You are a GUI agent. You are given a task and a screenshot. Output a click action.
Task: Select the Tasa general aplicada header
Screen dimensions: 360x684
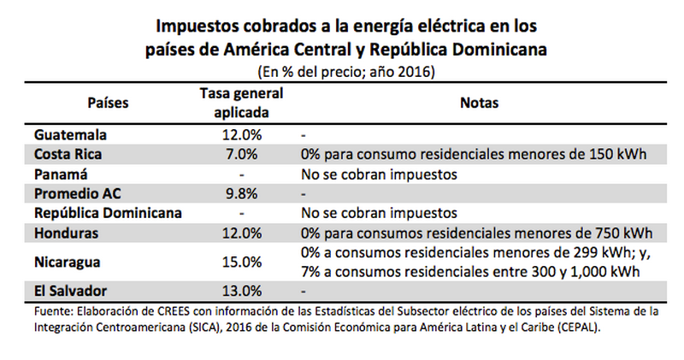pyautogui.click(x=241, y=103)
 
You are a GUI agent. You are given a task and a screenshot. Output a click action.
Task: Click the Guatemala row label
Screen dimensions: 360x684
pyautogui.click(x=73, y=136)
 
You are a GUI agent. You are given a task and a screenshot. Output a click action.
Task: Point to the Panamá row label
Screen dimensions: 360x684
pyautogui.click(x=61, y=174)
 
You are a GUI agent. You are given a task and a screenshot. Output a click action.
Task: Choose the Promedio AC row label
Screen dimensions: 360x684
pyautogui.click(x=78, y=192)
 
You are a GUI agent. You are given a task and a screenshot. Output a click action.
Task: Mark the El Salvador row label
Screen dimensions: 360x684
pyautogui.click(x=70, y=290)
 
